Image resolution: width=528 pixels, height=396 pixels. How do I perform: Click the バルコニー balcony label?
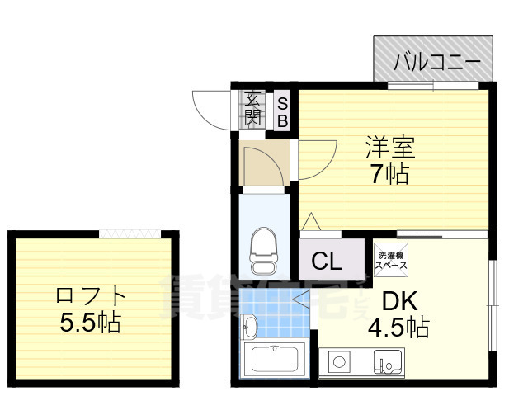click(436, 60)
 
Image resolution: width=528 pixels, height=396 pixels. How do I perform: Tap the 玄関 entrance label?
click(253, 108)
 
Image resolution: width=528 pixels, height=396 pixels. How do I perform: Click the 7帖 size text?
click(390, 174)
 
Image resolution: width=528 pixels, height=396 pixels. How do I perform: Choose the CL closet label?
click(327, 262)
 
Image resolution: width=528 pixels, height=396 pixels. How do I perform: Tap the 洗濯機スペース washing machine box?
click(391, 257)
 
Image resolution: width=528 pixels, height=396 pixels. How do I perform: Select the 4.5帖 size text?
click(398, 327)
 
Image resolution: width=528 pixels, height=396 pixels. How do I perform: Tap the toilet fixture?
click(265, 251)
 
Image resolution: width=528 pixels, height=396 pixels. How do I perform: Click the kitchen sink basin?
click(387, 361)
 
